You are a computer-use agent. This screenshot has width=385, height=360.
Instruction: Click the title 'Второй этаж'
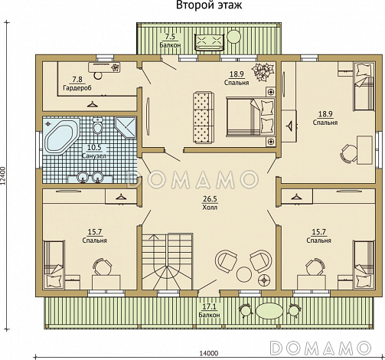[209, 5]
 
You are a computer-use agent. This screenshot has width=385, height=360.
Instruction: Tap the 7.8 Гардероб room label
[77, 83]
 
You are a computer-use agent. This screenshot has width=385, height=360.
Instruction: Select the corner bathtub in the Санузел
[62, 137]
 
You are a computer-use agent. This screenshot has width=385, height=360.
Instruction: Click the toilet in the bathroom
[97, 126]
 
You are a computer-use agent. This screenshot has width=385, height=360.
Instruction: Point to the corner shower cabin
[126, 127]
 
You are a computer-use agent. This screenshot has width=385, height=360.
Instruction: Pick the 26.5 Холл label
[210, 203]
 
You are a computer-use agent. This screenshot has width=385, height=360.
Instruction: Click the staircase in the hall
[168, 261]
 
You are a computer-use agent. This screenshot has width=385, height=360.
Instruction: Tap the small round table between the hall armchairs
[244, 274]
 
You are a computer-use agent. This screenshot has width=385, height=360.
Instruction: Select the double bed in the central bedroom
[251, 116]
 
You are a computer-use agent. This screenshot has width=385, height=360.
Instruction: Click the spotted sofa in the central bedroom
[203, 118]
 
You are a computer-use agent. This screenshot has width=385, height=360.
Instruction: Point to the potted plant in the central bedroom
[263, 72]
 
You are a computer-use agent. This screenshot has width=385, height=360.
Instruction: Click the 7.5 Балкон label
[170, 41]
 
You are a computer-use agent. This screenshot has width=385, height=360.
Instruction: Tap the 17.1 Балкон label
[209, 311]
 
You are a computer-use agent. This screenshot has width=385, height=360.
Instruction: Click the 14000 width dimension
[209, 354]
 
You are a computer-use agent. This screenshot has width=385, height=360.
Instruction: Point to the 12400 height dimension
[3, 175]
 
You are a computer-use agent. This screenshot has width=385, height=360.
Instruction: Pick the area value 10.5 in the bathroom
[94, 147]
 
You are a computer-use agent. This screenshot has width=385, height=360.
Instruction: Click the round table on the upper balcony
[233, 36]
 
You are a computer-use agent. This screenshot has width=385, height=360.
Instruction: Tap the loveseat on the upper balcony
[210, 42]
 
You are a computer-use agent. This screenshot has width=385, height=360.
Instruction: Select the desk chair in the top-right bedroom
[347, 153]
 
